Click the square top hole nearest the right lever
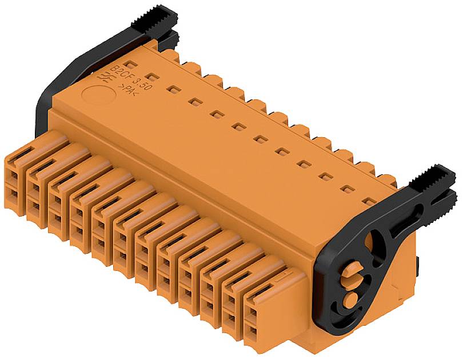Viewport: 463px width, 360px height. (370, 201)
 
